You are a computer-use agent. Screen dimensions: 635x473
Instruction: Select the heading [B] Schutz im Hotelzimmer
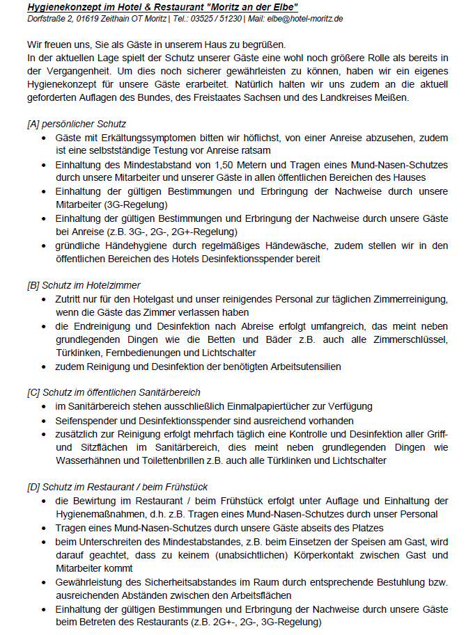pyautogui.click(x=84, y=285)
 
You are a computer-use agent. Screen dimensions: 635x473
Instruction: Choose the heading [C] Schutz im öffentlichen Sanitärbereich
pyautogui.click(x=114, y=392)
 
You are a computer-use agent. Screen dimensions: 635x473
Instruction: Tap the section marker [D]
pyautogui.click(x=33, y=487)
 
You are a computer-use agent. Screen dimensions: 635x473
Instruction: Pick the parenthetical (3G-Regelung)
pyautogui.click(x=136, y=205)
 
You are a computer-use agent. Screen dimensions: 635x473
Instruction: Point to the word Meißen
pyautogui.click(x=391, y=97)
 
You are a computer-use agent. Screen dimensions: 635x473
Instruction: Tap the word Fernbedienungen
pyautogui.click(x=130, y=353)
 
